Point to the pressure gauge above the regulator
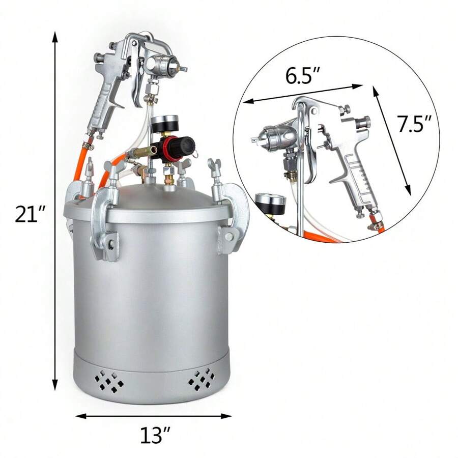(163, 124)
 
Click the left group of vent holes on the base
(107, 379)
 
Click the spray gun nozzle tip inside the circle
(254, 138)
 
